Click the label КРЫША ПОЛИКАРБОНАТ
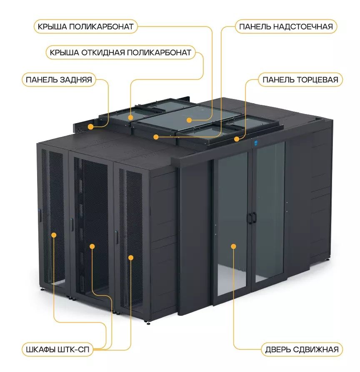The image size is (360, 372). (x=85, y=27)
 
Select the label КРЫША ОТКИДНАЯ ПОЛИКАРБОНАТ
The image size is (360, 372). (x=120, y=52)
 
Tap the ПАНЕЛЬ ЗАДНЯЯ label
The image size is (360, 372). (x=59, y=80)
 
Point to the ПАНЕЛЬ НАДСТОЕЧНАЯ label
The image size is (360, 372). (x=286, y=27)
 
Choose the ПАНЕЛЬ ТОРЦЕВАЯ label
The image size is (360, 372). (x=300, y=80)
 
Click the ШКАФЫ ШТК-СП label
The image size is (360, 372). (x=57, y=350)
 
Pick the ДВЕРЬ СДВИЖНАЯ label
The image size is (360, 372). (x=302, y=350)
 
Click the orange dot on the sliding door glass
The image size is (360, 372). (x=234, y=246)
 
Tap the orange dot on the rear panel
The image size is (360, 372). (x=90, y=127)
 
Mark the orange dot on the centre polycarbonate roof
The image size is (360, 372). (x=189, y=120)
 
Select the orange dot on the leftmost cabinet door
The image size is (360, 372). (x=54, y=235)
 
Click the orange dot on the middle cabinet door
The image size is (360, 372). (x=92, y=246)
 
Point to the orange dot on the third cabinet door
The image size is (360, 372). (x=131, y=258)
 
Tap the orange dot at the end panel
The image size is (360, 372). (x=237, y=139)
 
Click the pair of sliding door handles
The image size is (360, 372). (x=252, y=218)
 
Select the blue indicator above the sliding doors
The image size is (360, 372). (x=256, y=143)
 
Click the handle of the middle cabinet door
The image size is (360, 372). (x=72, y=224)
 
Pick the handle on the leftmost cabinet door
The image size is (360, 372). (x=40, y=216)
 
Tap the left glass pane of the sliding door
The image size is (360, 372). (x=232, y=224)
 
